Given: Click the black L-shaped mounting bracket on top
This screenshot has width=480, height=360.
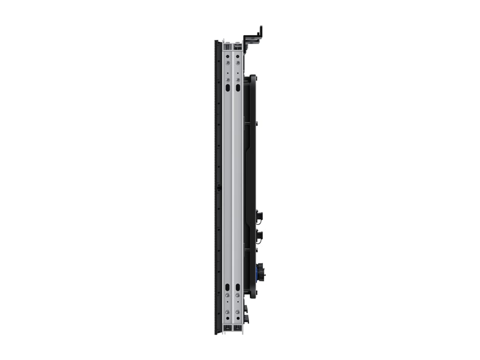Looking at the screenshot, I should click(x=254, y=37).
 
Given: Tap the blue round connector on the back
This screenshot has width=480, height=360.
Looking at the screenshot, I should click(x=259, y=272).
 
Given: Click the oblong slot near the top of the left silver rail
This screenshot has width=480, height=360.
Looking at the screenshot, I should click(x=228, y=88).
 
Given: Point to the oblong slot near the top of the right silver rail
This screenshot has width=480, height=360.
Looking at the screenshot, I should click(x=238, y=88).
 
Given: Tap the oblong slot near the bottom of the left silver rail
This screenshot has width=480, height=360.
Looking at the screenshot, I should click(x=228, y=286).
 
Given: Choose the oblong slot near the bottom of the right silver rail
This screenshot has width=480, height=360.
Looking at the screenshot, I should click(x=238, y=286).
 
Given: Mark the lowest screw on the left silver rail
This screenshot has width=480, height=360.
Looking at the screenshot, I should click(x=228, y=312).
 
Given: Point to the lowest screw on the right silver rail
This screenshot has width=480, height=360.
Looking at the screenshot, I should click(x=238, y=312).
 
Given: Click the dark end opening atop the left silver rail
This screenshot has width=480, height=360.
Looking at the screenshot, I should click(x=228, y=47).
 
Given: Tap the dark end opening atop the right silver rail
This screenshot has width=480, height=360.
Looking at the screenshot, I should click(x=238, y=47).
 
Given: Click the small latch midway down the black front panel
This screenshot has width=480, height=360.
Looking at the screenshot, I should click(x=218, y=187).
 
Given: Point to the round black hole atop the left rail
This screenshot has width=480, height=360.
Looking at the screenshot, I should click(x=228, y=73).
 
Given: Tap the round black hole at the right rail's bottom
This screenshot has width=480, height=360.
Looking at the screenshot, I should click(x=238, y=303).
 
